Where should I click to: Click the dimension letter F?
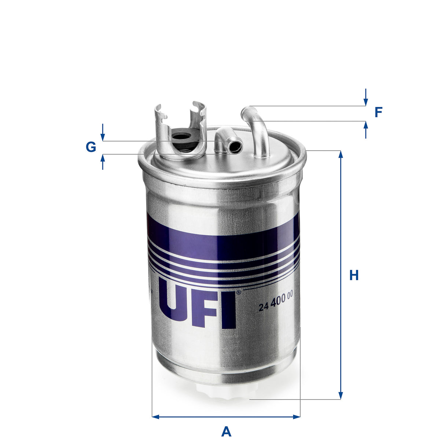coord(378,112)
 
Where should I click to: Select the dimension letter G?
coord(91,147)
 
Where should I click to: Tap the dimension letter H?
coord(354,275)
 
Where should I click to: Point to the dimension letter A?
coord(226,431)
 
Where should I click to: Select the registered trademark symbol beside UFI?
coord(238,292)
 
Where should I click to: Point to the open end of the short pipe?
coord(235,147)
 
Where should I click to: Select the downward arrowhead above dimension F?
coord(365,102)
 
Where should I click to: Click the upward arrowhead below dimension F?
coord(365,125)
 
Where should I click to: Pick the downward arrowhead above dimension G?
coord(103,137)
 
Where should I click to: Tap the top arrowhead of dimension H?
coord(341,154)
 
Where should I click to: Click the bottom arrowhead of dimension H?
coord(341,396)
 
